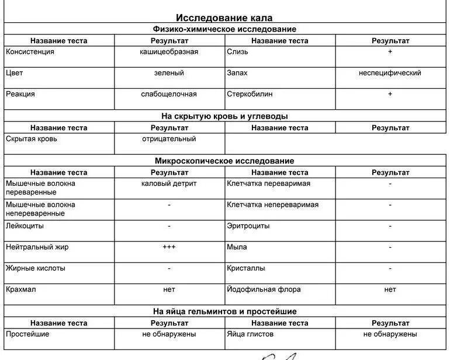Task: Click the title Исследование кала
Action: [224, 18]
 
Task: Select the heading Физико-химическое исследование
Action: [224, 29]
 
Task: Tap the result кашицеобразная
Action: [169, 52]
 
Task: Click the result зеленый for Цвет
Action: [169, 73]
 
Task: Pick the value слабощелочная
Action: [169, 94]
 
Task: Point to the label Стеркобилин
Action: [250, 94]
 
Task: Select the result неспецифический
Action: [390, 73]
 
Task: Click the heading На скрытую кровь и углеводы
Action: [224, 116]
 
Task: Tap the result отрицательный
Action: [169, 139]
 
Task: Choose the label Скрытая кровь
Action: [32, 139]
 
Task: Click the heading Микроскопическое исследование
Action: [224, 161]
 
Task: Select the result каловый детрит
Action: [169, 184]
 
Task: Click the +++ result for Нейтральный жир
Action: [169, 247]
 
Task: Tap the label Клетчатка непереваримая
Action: [273, 205]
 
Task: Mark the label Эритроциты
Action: [248, 226]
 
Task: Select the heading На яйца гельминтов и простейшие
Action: [224, 311]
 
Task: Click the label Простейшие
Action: [27, 334]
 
